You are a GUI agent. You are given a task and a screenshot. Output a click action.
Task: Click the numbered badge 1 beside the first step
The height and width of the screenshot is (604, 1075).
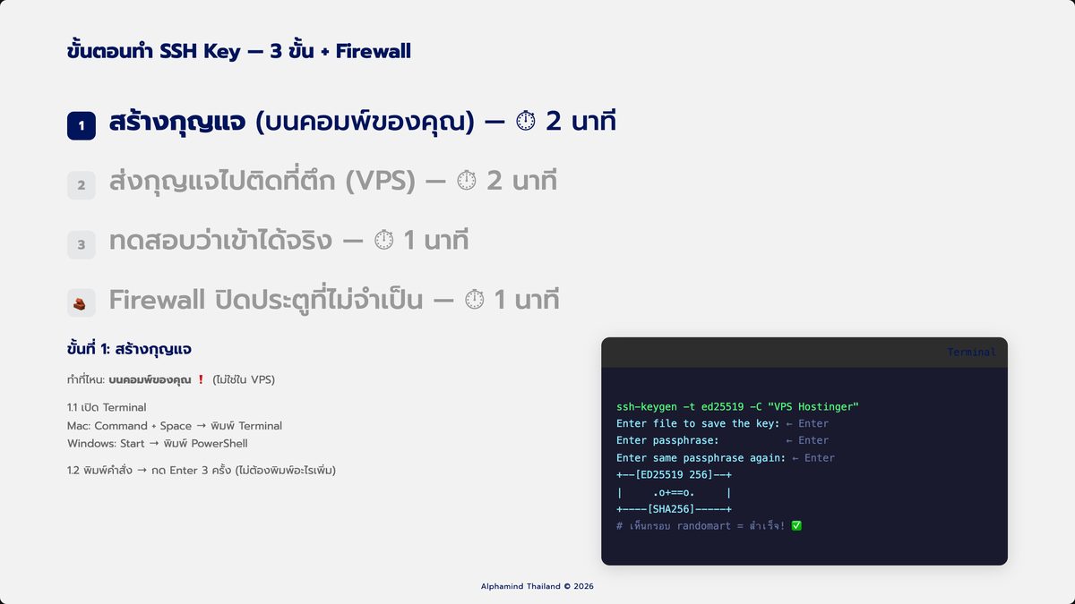click(82, 125)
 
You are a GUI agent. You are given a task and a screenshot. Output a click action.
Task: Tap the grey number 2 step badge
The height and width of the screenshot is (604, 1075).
click(82, 185)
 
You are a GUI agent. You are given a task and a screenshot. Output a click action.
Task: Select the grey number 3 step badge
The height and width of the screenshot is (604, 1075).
click(82, 244)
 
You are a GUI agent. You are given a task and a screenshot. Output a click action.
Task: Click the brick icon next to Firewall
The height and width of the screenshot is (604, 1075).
click(80, 304)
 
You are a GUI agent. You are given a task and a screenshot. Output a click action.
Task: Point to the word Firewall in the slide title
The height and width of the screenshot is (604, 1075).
click(373, 51)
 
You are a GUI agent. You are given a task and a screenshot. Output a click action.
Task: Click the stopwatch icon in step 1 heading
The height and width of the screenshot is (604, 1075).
click(526, 121)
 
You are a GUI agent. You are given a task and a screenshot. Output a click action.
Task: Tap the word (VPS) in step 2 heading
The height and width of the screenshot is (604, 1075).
click(380, 181)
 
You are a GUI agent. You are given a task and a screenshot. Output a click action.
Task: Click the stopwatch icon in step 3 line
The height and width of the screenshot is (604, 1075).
click(383, 240)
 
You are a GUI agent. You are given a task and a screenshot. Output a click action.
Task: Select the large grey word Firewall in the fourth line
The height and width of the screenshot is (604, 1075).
click(157, 300)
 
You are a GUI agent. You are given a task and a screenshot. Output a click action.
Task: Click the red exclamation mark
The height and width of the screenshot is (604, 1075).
click(201, 379)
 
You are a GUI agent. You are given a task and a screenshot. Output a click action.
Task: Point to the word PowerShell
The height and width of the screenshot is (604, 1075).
click(219, 444)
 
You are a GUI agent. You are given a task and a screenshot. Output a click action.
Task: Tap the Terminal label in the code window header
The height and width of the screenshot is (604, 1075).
click(971, 352)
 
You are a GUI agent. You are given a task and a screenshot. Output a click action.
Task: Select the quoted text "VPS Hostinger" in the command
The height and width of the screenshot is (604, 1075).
click(813, 406)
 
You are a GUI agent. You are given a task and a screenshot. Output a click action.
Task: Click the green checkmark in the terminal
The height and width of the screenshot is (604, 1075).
click(796, 526)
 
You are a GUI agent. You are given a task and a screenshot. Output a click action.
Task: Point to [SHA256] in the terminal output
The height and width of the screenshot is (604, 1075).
click(671, 509)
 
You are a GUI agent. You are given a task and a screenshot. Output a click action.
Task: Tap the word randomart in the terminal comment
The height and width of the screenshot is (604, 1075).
click(703, 526)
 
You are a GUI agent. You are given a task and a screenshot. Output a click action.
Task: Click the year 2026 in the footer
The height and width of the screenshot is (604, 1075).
click(583, 586)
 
